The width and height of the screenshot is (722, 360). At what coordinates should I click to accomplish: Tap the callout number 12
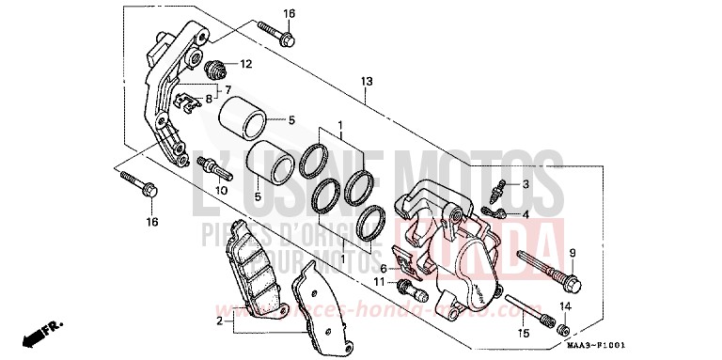pos(245,65)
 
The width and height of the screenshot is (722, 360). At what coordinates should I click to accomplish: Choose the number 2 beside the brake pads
pos(219,321)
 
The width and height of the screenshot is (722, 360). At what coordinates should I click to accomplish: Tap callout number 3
pos(526,184)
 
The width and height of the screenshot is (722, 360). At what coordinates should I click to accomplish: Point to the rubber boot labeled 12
pos(215,68)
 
